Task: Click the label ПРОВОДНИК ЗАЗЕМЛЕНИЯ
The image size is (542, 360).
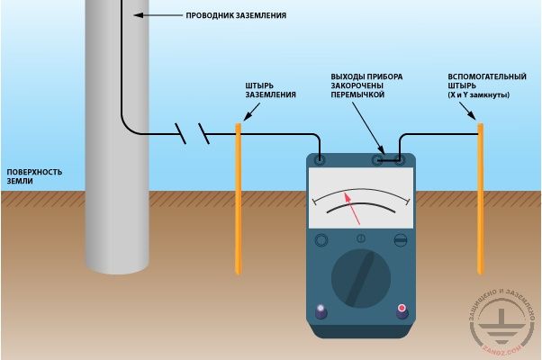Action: click(x=236, y=15)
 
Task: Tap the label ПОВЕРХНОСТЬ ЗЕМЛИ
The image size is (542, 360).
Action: click(x=34, y=176)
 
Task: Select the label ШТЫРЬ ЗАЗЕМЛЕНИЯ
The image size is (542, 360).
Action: click(x=271, y=90)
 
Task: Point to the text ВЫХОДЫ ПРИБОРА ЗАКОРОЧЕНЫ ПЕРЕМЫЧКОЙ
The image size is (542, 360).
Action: click(x=366, y=85)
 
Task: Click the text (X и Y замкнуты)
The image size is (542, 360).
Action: click(x=478, y=94)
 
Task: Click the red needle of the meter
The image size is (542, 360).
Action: click(x=352, y=209)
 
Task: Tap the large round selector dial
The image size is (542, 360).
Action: click(x=361, y=278)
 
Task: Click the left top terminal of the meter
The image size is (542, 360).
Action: click(x=320, y=160)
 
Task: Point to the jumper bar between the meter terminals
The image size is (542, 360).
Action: click(x=389, y=160)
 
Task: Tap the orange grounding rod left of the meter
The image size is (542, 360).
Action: click(x=239, y=199)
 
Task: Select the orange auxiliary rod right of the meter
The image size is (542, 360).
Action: click(x=480, y=199)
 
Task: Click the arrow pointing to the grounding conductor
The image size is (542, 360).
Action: click(x=158, y=15)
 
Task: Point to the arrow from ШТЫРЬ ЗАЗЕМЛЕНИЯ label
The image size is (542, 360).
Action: click(x=251, y=112)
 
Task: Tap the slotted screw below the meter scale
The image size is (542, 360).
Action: click(x=401, y=240)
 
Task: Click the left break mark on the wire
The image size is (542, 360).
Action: click(x=180, y=133)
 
